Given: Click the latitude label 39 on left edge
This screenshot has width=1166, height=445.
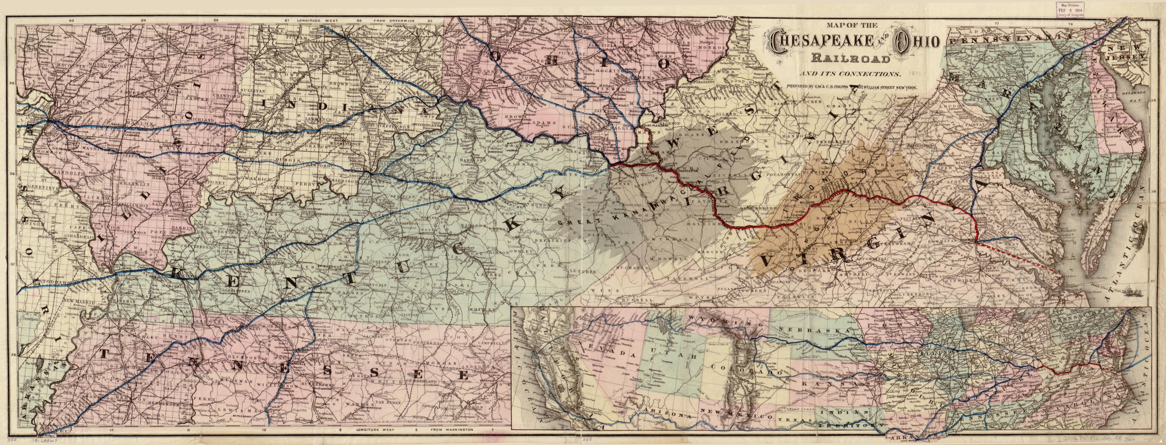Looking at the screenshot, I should pos(10,83).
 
